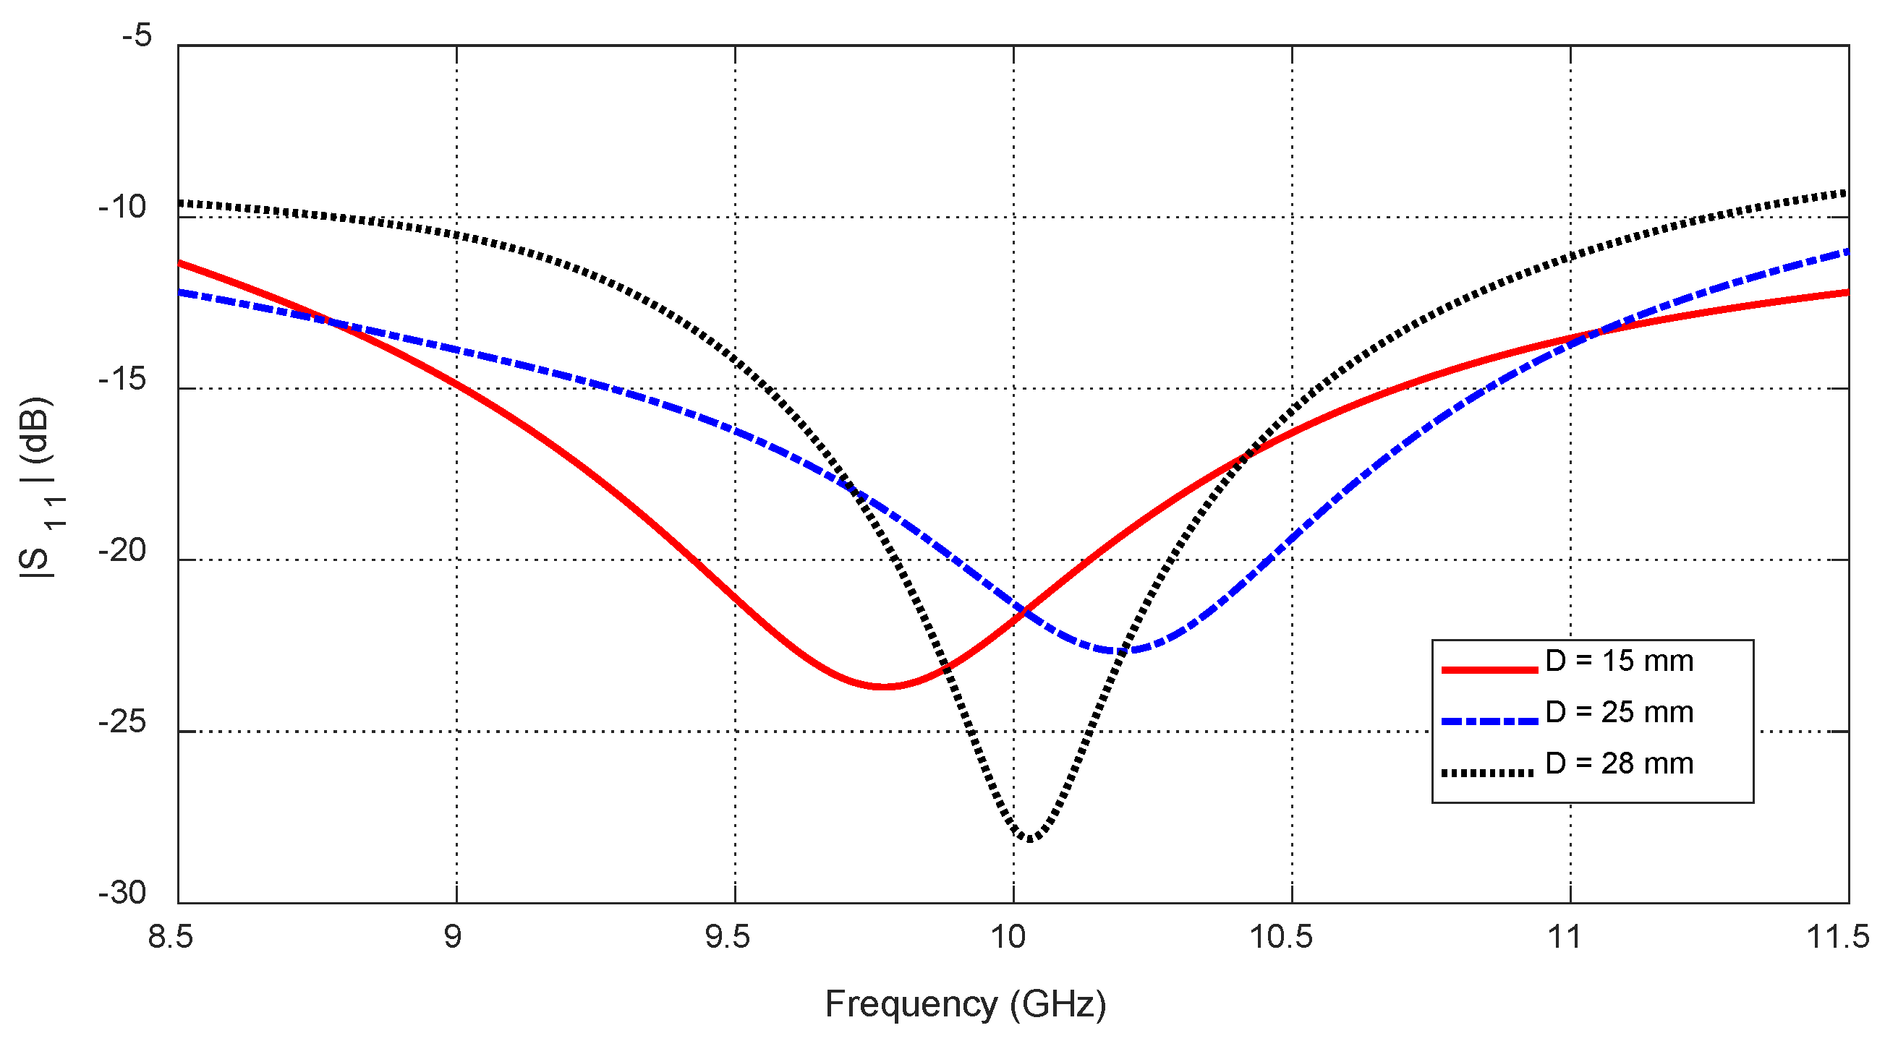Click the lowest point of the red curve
[883, 686]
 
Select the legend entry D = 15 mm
[1619, 661]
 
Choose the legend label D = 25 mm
[1619, 712]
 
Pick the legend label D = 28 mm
[1619, 763]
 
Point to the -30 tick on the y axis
[123, 893]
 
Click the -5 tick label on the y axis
[137, 35]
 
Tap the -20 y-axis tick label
[123, 550]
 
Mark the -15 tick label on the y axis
[123, 379]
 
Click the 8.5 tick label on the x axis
[171, 937]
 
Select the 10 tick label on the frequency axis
[1009, 937]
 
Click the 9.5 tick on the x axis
[728, 937]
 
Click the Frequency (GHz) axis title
[965, 1003]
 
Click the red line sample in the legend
[1489, 669]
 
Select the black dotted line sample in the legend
[1489, 772]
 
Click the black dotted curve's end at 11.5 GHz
[1846, 193]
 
